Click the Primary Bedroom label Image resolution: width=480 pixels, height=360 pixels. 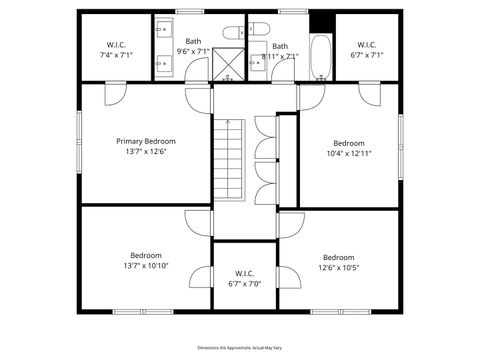coord(146,141)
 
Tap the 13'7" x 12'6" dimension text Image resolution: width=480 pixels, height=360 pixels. coord(146,152)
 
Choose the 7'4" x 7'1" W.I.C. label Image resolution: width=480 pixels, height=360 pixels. coord(117,56)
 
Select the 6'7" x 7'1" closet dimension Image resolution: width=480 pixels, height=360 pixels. coord(366,56)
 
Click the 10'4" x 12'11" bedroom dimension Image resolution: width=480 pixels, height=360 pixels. coord(349,154)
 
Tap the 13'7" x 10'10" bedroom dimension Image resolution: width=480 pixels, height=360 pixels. coord(146,266)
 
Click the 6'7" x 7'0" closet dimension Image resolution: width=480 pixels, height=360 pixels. coord(244,284)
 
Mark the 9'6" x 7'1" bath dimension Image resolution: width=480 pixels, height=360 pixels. coord(193,51)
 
